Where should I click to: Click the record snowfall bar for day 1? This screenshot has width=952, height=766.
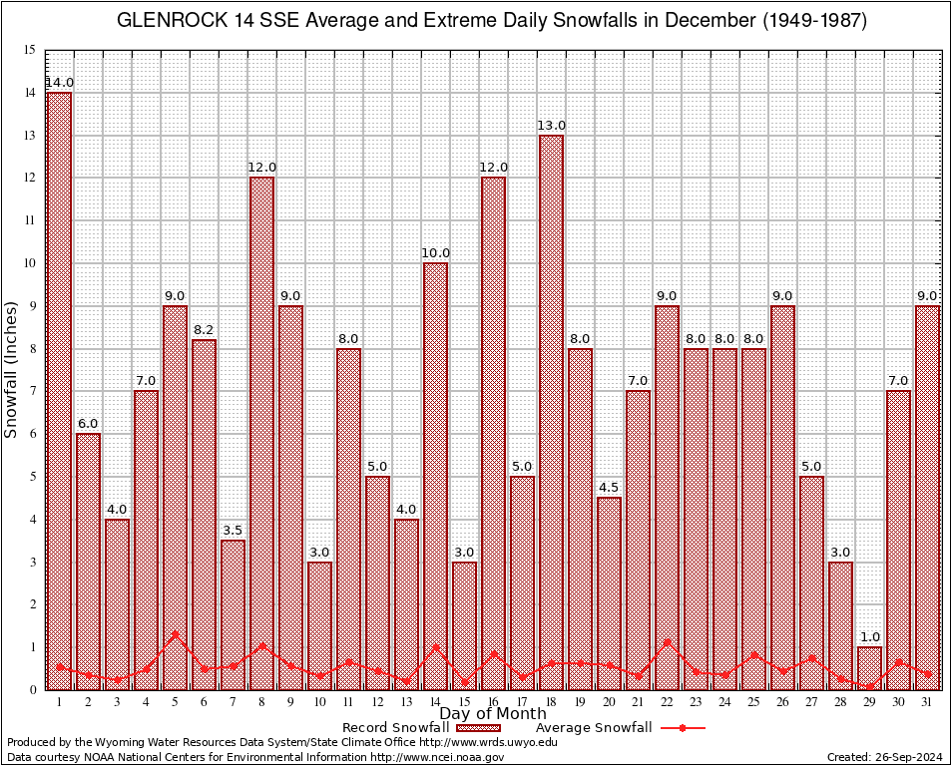(x=59, y=389)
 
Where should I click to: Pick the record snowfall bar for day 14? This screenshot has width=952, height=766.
(x=435, y=475)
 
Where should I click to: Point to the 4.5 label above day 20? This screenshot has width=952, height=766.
(x=609, y=487)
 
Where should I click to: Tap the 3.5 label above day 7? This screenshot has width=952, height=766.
(x=233, y=530)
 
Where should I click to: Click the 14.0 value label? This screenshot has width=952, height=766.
(x=59, y=82)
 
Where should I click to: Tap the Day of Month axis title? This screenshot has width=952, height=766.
(x=493, y=713)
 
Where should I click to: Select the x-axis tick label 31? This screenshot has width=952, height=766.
(x=927, y=701)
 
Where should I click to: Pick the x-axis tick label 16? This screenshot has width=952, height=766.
(x=493, y=701)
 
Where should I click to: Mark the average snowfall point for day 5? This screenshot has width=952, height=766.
(x=175, y=633)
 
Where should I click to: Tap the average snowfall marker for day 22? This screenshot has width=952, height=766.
(x=667, y=641)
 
